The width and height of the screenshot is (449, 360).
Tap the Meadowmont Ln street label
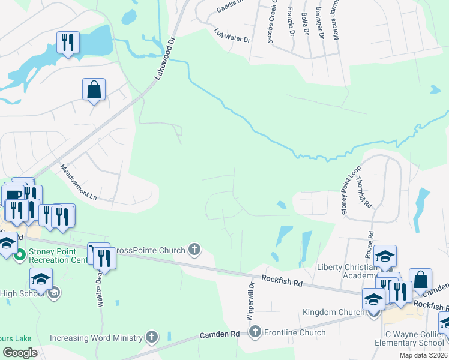[x=79, y=182]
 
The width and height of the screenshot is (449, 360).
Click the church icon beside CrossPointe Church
[x=194, y=250]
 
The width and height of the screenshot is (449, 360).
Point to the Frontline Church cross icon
[x=255, y=332]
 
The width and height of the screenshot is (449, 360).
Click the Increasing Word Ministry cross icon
[x=152, y=338]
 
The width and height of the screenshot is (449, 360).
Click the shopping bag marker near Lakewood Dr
[x=94, y=90]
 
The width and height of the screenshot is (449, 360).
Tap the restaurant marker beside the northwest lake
[x=67, y=43]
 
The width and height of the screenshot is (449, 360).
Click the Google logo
[x=20, y=352]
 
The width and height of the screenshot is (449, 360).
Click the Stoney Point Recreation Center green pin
[x=19, y=256]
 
